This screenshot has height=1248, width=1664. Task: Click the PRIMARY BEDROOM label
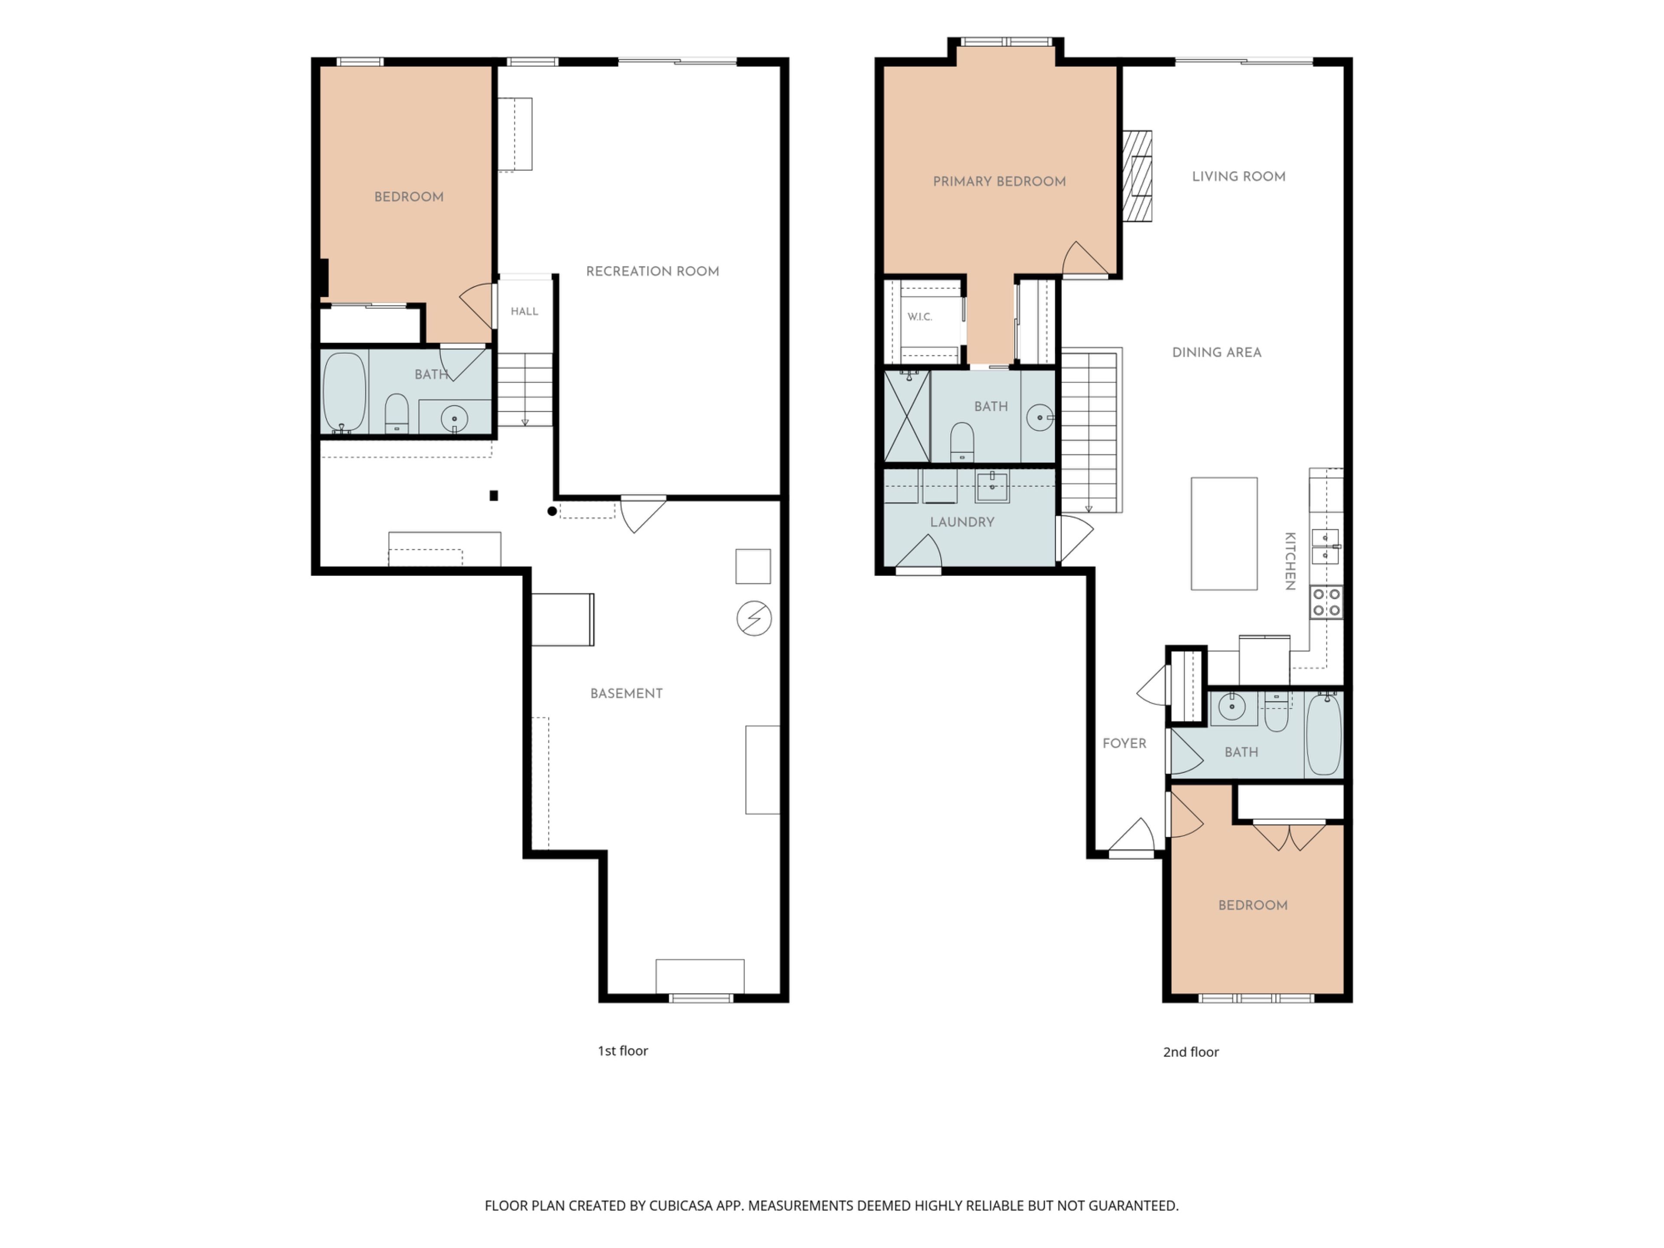pyautogui.click(x=999, y=181)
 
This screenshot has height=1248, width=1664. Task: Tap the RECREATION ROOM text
pyautogui.click(x=652, y=272)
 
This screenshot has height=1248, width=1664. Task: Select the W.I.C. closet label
pyautogui.click(x=919, y=317)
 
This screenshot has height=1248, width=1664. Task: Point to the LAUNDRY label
pyautogui.click(x=962, y=522)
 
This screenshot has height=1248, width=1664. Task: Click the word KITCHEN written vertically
pyautogui.click(x=1290, y=561)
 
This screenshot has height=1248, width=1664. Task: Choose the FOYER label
pyautogui.click(x=1124, y=743)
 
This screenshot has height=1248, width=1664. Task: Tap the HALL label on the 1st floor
pyautogui.click(x=524, y=312)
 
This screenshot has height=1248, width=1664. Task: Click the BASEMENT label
pyautogui.click(x=627, y=694)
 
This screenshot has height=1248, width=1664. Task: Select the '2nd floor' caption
pyautogui.click(x=1191, y=1053)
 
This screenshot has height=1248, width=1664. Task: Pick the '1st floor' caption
pyautogui.click(x=623, y=1051)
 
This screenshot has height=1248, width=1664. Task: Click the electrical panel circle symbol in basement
pyautogui.click(x=754, y=618)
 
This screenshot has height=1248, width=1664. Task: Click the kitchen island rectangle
pyautogui.click(x=1224, y=533)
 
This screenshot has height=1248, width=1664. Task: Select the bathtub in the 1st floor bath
pyautogui.click(x=344, y=392)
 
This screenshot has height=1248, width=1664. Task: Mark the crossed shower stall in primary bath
pyautogui.click(x=907, y=416)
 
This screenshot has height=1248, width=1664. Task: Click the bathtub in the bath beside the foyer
pyautogui.click(x=1324, y=734)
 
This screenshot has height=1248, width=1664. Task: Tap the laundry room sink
pyautogui.click(x=992, y=487)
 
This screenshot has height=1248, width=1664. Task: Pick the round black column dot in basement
pyautogui.click(x=552, y=511)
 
